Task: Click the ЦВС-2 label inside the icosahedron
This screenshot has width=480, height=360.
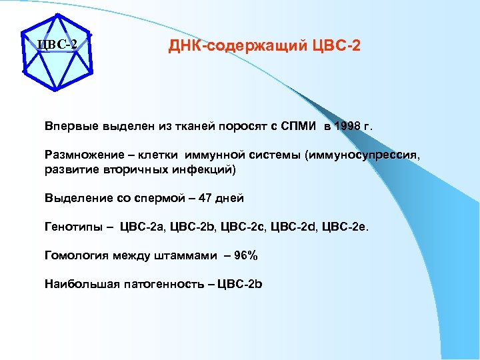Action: (57, 45)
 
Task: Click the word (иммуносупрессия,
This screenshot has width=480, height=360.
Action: (363, 155)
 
